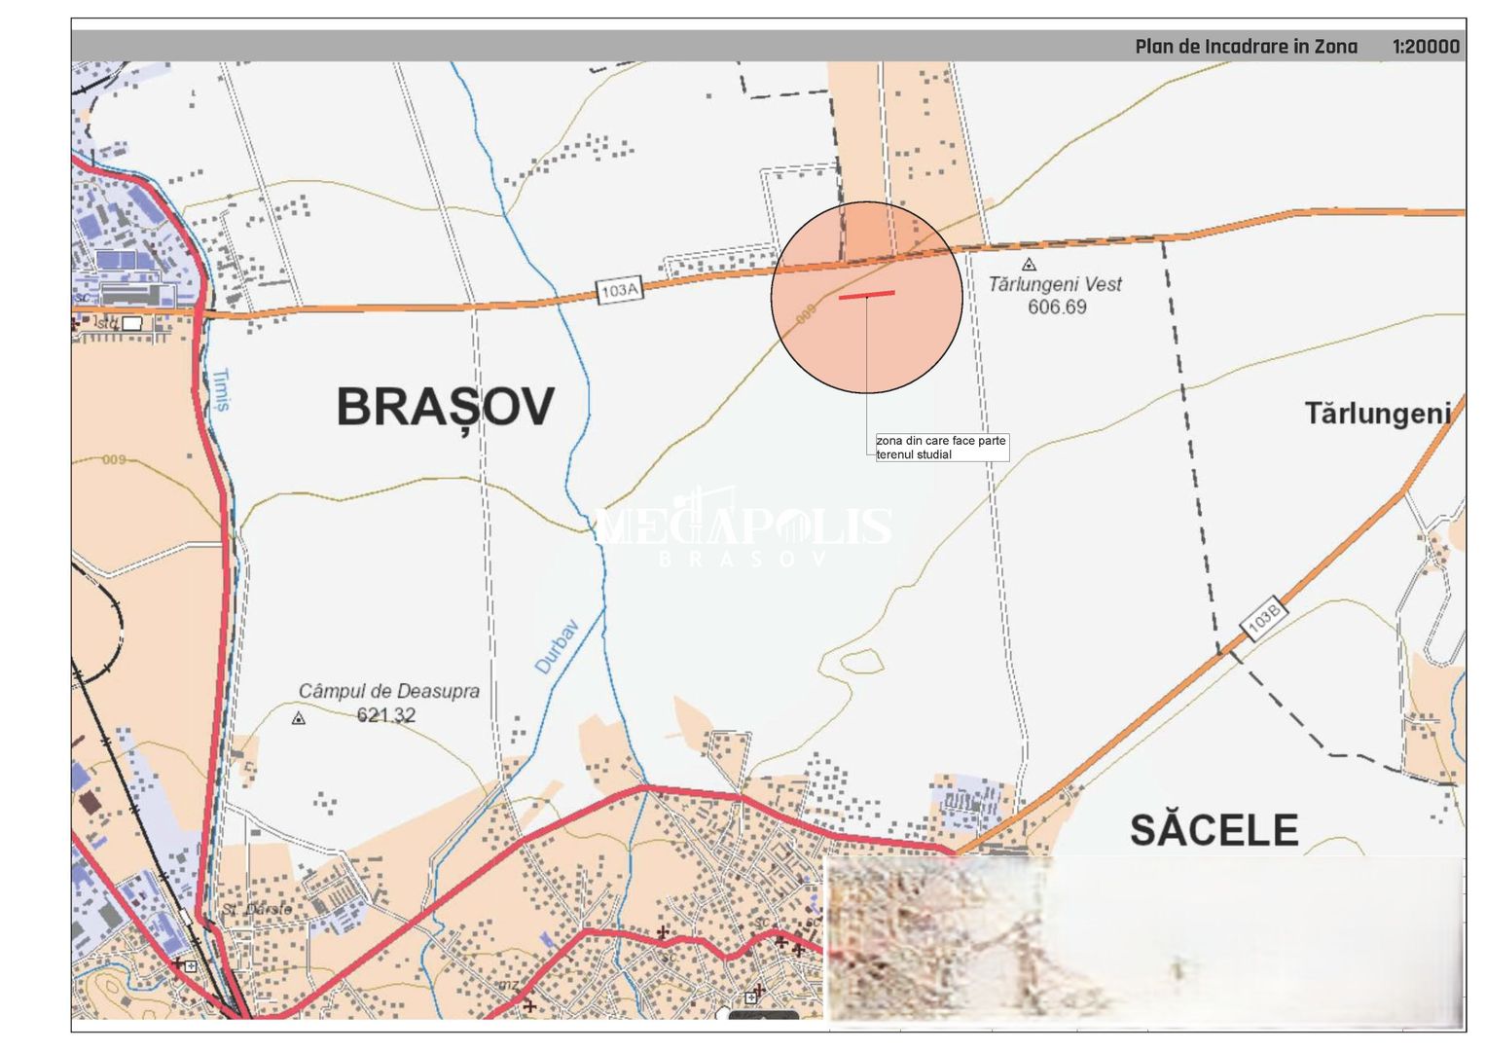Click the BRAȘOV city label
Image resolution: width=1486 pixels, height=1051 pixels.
[x=446, y=407]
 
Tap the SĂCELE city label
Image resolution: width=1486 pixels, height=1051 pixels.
[x=1214, y=830]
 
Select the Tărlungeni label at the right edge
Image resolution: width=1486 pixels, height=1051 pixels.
[x=1377, y=414]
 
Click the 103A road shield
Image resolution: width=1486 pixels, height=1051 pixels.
[x=620, y=289]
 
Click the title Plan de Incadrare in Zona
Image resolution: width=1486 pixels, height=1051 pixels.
[x=1245, y=47]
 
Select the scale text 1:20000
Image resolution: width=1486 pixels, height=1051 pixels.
[x=1426, y=47]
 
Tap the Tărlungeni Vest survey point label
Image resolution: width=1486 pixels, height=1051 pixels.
[x=1055, y=284]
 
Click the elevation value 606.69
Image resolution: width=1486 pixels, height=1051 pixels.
[x=1057, y=308]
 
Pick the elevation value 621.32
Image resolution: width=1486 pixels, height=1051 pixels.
[x=386, y=715]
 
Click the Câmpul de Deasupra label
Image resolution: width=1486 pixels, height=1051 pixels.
[x=388, y=691]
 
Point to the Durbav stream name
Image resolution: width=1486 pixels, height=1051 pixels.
[x=558, y=646]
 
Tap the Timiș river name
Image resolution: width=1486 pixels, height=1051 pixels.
[x=222, y=389]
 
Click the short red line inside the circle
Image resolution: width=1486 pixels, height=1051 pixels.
[x=866, y=294]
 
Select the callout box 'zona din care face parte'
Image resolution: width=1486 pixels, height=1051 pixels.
[x=941, y=448]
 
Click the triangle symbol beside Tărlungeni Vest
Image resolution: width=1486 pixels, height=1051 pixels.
[x=1029, y=264]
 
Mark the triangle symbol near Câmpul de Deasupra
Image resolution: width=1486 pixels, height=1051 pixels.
[x=299, y=718]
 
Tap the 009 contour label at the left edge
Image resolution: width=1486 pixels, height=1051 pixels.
[x=114, y=459]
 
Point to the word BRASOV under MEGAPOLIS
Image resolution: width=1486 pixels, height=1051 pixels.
[x=742, y=559]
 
